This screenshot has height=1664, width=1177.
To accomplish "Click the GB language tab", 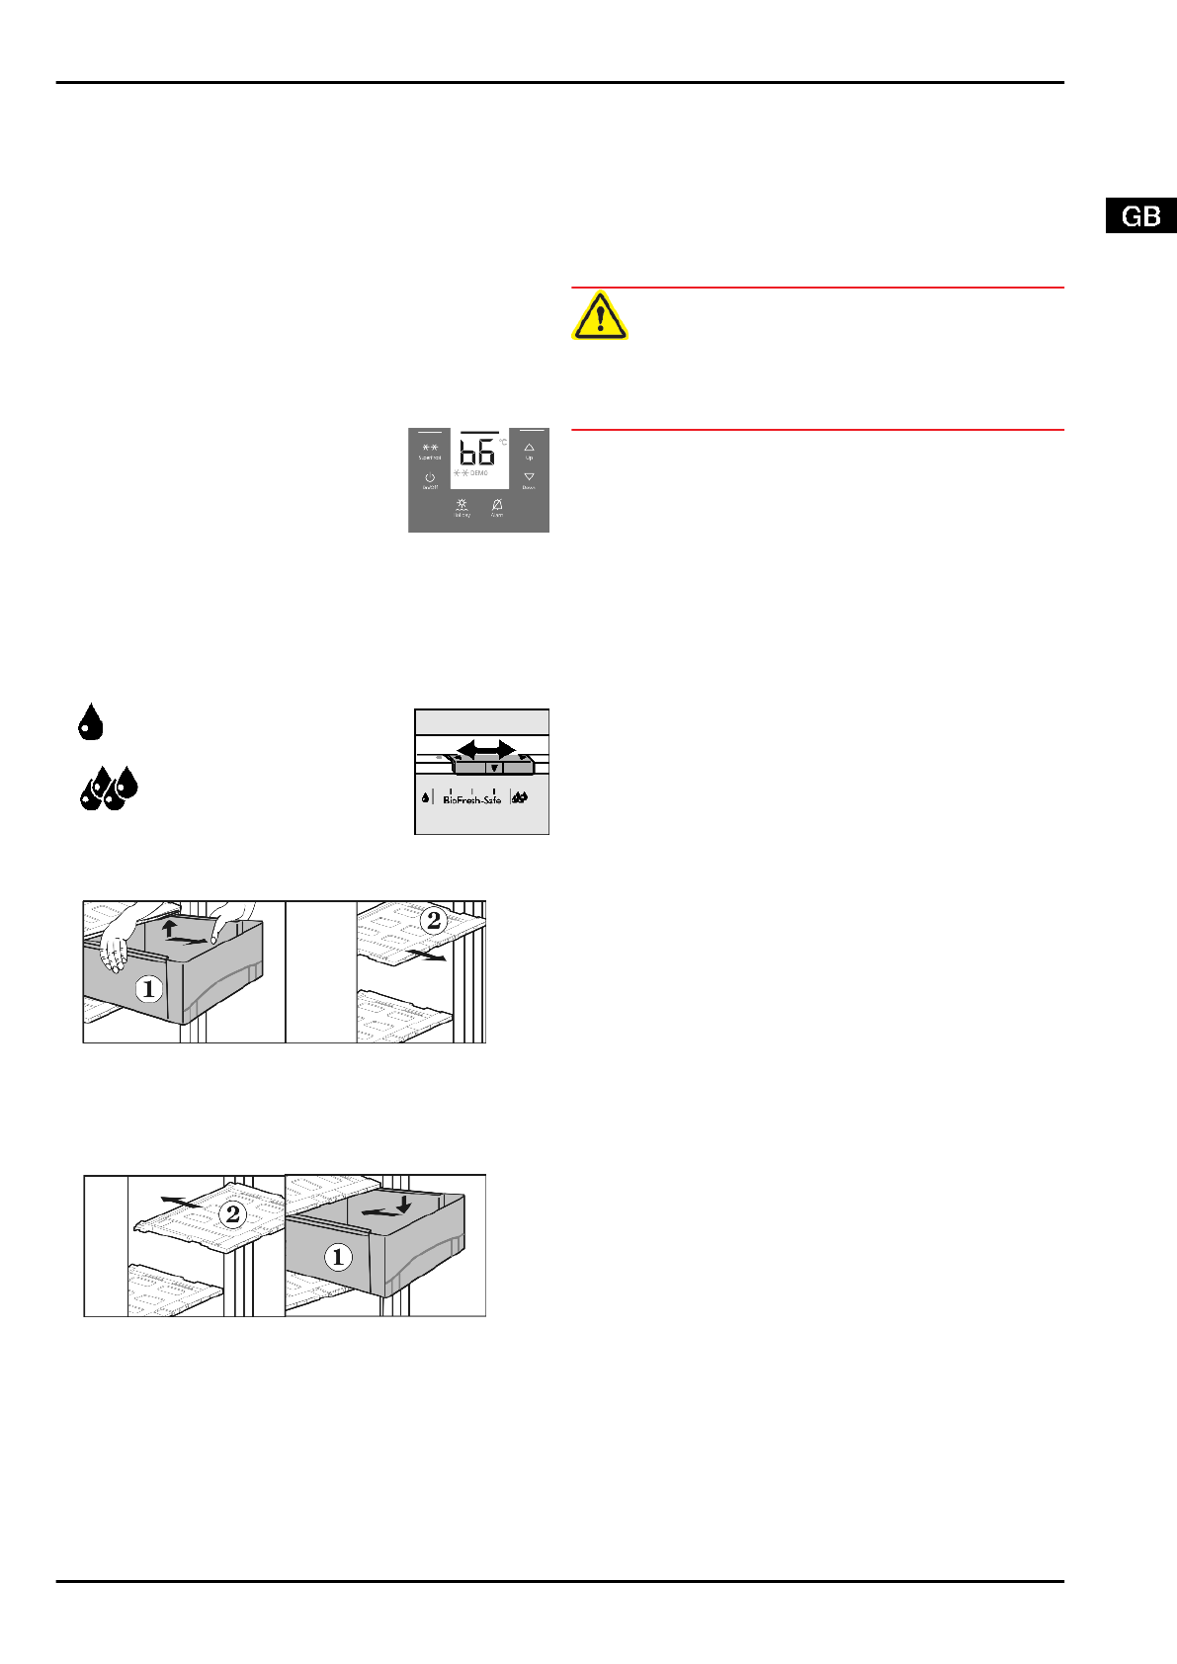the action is pos(1140,216).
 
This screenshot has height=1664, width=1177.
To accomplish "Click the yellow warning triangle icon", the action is pos(599,316).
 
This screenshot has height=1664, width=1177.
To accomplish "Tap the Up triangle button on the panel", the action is pos(529,449).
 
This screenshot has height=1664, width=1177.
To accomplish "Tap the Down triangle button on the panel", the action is pos(529,477).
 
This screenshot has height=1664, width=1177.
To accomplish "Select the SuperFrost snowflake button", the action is pos(430,449).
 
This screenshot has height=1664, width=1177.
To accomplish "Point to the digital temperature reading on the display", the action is pos(477,453).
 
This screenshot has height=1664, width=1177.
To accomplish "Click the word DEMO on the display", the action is pos(479,474).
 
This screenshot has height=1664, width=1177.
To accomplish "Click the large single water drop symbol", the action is pos(90,722).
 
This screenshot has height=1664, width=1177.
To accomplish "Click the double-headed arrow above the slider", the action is pos(485,749).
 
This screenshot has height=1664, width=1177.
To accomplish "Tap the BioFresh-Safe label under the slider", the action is pos(471,799).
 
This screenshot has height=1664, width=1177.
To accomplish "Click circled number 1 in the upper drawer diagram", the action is pos(149,987).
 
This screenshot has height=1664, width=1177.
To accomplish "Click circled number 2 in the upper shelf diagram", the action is pos(433,921).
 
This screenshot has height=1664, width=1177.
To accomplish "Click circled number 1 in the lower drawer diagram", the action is pos(338,1257).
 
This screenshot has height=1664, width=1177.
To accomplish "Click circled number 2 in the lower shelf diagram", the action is pos(233,1213).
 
